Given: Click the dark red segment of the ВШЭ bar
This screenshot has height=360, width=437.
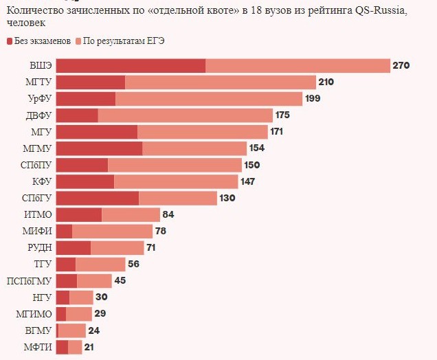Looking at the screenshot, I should pos(131,66).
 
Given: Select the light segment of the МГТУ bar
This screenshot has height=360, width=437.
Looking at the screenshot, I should pos(220,82).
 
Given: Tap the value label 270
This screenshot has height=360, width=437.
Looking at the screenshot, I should pos(401,66).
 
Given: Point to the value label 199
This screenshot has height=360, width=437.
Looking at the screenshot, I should pos(313,99).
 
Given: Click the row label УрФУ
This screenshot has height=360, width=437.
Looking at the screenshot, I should pos(39,99).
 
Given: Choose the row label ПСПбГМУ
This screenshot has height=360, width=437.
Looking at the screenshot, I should pos(29,281).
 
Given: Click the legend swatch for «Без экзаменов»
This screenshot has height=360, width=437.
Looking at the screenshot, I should pos(10,41).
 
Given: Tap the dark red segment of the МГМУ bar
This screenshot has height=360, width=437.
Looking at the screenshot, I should pos(99,148).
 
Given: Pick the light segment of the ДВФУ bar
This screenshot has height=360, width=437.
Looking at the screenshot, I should pos(186,115).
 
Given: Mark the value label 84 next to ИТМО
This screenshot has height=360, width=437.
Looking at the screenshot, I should pos(168,214).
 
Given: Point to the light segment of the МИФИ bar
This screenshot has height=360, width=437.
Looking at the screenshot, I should pos(112,232).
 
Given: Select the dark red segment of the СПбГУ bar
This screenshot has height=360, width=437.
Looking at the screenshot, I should pos(97,198).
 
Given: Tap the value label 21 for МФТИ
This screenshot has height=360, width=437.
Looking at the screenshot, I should pos(89,347).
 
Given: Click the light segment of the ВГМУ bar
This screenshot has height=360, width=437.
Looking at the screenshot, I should pos(71,330).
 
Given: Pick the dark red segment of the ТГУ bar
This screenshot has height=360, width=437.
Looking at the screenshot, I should pos(65,265).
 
